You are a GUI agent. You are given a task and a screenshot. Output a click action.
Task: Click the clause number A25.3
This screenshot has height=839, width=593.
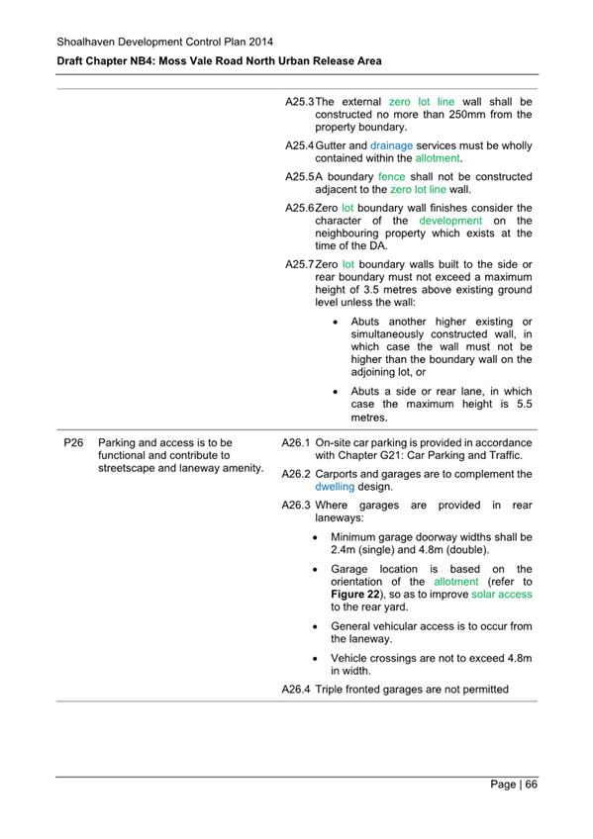click(x=299, y=101)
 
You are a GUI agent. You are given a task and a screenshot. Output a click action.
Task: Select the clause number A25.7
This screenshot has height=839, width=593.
click(x=299, y=265)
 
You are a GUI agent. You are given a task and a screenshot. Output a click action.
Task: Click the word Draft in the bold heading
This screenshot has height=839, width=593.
click(x=72, y=61)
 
